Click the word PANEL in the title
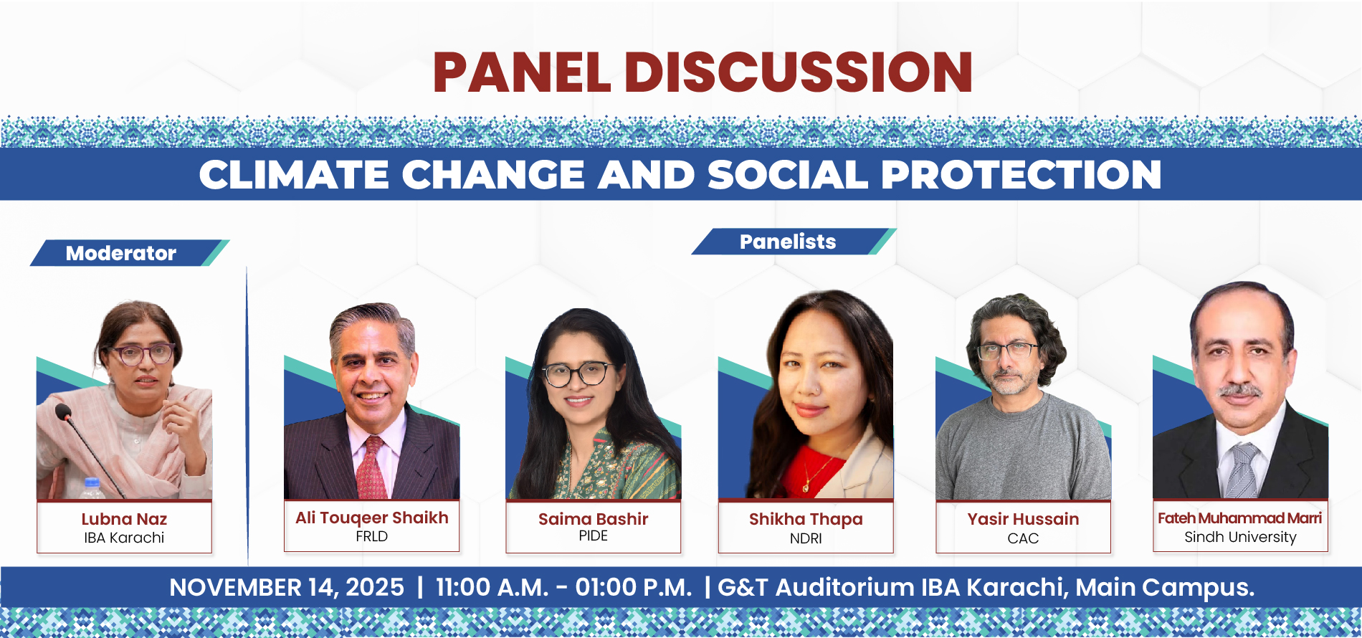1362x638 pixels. (522, 72)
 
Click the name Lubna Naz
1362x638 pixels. (124, 519)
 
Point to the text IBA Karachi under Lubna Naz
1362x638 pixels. (124, 538)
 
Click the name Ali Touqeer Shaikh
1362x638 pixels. (372, 518)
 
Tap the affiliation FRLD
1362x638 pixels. (371, 536)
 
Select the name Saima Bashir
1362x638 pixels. (593, 519)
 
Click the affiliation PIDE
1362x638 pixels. (593, 536)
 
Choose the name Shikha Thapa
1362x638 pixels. (806, 519)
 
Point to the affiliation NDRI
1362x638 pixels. (806, 538)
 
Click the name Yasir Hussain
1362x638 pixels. (1023, 519)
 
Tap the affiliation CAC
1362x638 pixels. (1023, 538)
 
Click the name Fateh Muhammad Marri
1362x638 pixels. (1240, 518)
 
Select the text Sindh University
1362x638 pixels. (1240, 537)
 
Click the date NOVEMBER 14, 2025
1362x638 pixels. (287, 588)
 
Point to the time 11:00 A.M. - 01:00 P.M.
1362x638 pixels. (564, 588)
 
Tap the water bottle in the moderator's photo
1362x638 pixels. (91, 488)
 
